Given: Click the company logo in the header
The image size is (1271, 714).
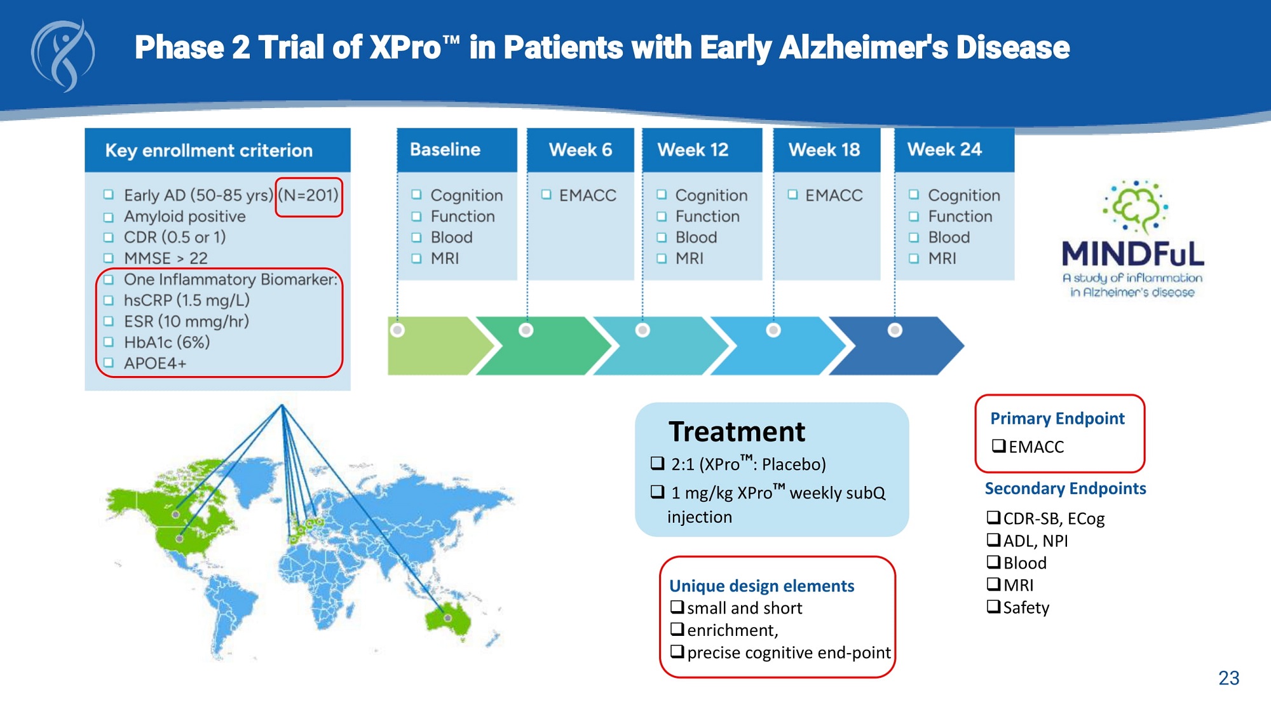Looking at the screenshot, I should click(63, 55).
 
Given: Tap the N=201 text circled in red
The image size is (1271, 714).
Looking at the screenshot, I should click(309, 196).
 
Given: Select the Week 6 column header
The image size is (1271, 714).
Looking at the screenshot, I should click(580, 150).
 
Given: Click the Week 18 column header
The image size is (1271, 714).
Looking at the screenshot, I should click(824, 150).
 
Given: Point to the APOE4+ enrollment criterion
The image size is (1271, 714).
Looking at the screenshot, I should click(155, 363).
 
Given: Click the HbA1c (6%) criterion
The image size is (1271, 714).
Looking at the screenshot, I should click(167, 342).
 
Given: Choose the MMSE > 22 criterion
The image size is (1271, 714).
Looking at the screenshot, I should click(165, 259).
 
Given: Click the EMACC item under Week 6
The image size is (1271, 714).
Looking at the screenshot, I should click(587, 196).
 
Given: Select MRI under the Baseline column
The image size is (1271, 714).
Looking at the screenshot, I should click(444, 259).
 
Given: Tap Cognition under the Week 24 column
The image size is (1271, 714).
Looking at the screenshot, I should click(963, 196).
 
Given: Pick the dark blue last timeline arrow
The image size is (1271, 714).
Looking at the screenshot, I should click(902, 347).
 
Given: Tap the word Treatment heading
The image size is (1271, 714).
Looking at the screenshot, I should click(737, 432).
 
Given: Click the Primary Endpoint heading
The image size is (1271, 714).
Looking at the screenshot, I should click(1057, 419).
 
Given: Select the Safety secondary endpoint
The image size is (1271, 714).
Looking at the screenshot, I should click(1025, 608).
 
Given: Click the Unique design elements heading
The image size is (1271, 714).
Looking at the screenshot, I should click(761, 586).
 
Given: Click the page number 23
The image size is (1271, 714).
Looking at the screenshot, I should click(1228, 678).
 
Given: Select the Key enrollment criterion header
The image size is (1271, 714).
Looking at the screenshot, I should click(209, 151).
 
